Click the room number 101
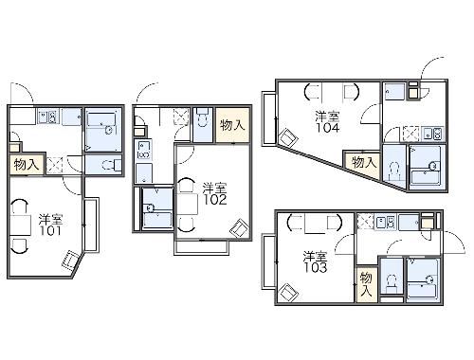pyautogui.click(x=50, y=231)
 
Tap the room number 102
pyautogui.click(x=215, y=200)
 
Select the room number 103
pyautogui.click(x=316, y=268)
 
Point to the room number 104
pyautogui.click(x=328, y=128)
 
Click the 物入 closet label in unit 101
pyautogui.click(x=27, y=165)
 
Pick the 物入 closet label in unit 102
pyautogui.click(x=232, y=125)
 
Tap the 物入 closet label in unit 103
pyautogui.click(x=366, y=284)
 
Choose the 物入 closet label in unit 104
pyautogui.click(x=364, y=163)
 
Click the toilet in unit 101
pyautogui.click(x=112, y=165)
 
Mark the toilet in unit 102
pyautogui.click(x=202, y=117)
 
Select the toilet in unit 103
pyautogui.click(x=392, y=283)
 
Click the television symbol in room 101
pyautogui.click(x=69, y=260)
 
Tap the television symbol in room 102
pyautogui.click(x=240, y=228)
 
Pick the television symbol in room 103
pyautogui.click(x=288, y=293)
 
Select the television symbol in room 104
pyautogui.click(x=288, y=137)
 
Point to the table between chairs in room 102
pyautogui.click(x=188, y=205)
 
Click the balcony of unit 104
pyautogui.click(x=269, y=118)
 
